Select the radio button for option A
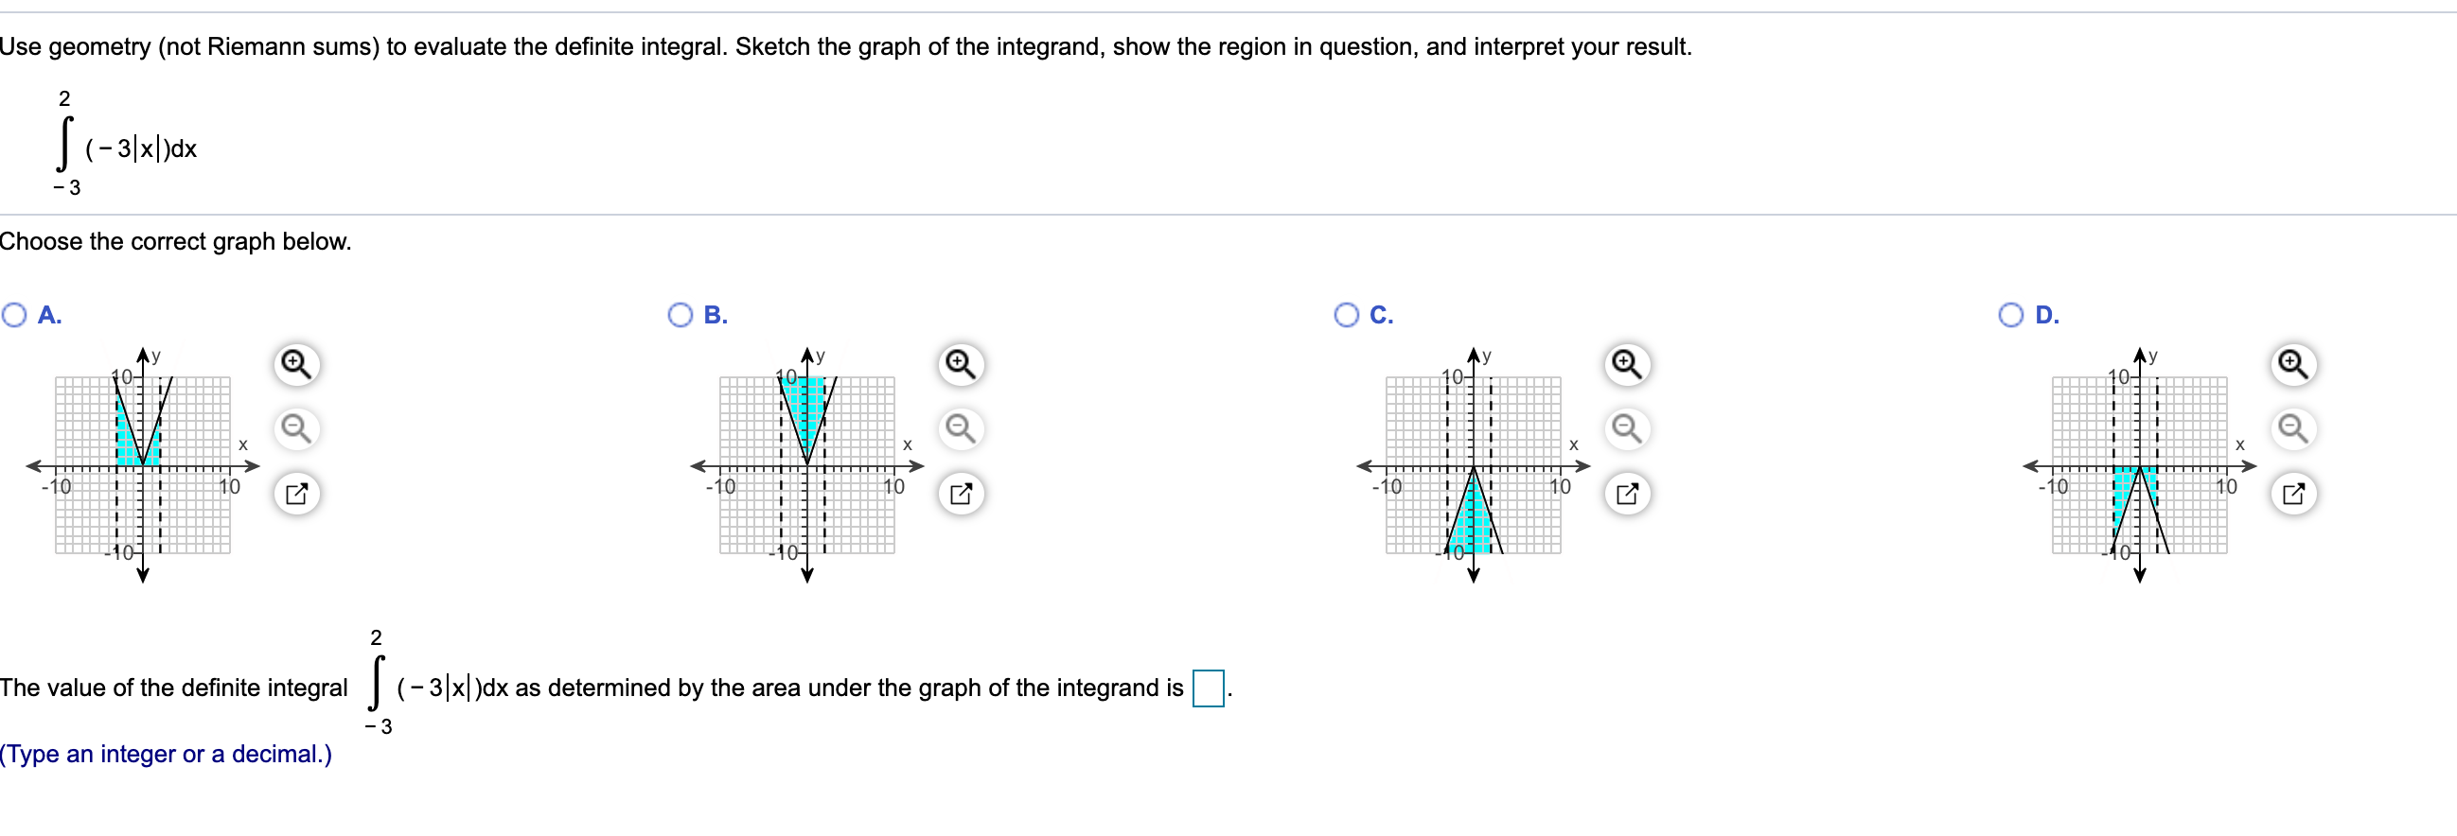click(x=14, y=316)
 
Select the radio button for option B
click(x=681, y=316)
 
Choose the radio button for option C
click(x=1346, y=316)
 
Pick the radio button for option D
click(x=2010, y=316)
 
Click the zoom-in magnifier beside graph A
click(x=295, y=365)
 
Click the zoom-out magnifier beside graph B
click(x=961, y=429)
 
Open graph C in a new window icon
click(x=1626, y=494)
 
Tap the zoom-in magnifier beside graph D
click(x=2293, y=365)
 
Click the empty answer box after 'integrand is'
click(x=1208, y=688)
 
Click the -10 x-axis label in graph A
click(x=56, y=487)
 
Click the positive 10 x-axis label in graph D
click(x=2225, y=487)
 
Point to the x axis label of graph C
click(x=1573, y=445)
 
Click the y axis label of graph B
click(x=821, y=356)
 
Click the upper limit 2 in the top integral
click(x=65, y=99)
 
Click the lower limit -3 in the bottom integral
click(x=379, y=727)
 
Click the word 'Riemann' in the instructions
click(x=249, y=46)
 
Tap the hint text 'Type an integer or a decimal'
click(x=166, y=755)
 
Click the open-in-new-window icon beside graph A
click(x=295, y=494)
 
